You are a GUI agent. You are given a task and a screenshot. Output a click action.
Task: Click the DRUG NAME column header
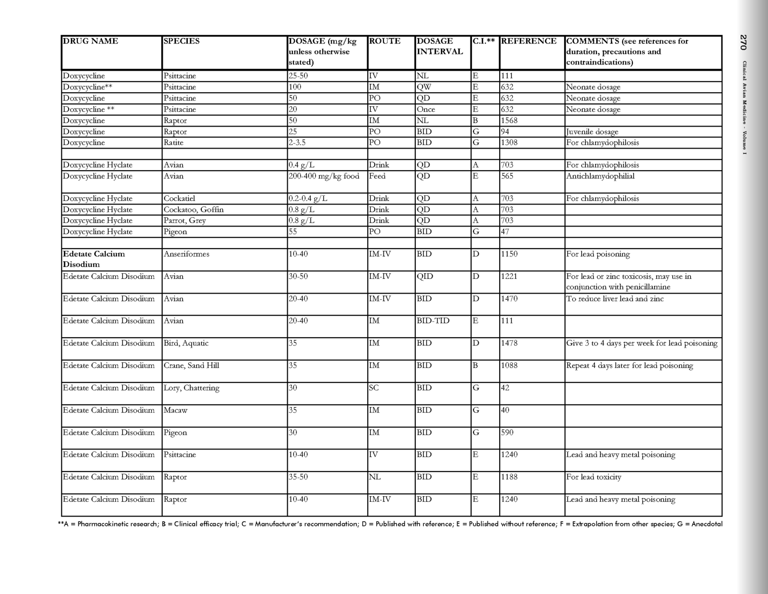tap(91, 42)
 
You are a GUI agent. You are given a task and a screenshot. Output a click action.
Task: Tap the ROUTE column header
tap(385, 42)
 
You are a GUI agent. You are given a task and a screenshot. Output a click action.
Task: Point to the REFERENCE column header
tap(529, 42)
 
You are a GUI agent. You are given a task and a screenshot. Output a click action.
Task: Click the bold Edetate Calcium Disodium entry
tap(94, 259)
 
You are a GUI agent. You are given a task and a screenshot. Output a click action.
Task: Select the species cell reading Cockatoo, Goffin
tap(194, 210)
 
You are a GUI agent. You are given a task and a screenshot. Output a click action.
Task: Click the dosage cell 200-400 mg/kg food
tap(324, 176)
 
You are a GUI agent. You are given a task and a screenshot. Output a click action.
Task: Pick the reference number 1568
tap(509, 120)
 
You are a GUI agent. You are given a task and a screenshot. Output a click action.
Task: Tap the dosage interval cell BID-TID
tap(433, 321)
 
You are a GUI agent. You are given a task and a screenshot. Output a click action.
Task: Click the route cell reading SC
tap(374, 388)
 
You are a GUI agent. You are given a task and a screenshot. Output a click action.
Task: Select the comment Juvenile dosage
tap(592, 132)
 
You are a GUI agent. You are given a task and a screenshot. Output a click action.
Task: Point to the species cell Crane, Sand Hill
tap(191, 365)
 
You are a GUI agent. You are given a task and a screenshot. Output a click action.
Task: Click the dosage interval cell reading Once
tap(426, 109)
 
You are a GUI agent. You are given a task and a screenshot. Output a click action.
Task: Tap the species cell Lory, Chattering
tap(191, 388)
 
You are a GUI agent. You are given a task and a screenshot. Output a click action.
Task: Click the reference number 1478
tap(509, 343)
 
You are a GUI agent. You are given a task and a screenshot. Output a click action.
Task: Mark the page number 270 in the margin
tap(743, 43)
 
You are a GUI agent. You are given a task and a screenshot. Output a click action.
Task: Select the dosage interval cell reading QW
tap(424, 87)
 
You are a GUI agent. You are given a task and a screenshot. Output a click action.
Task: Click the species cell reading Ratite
tap(174, 142)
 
